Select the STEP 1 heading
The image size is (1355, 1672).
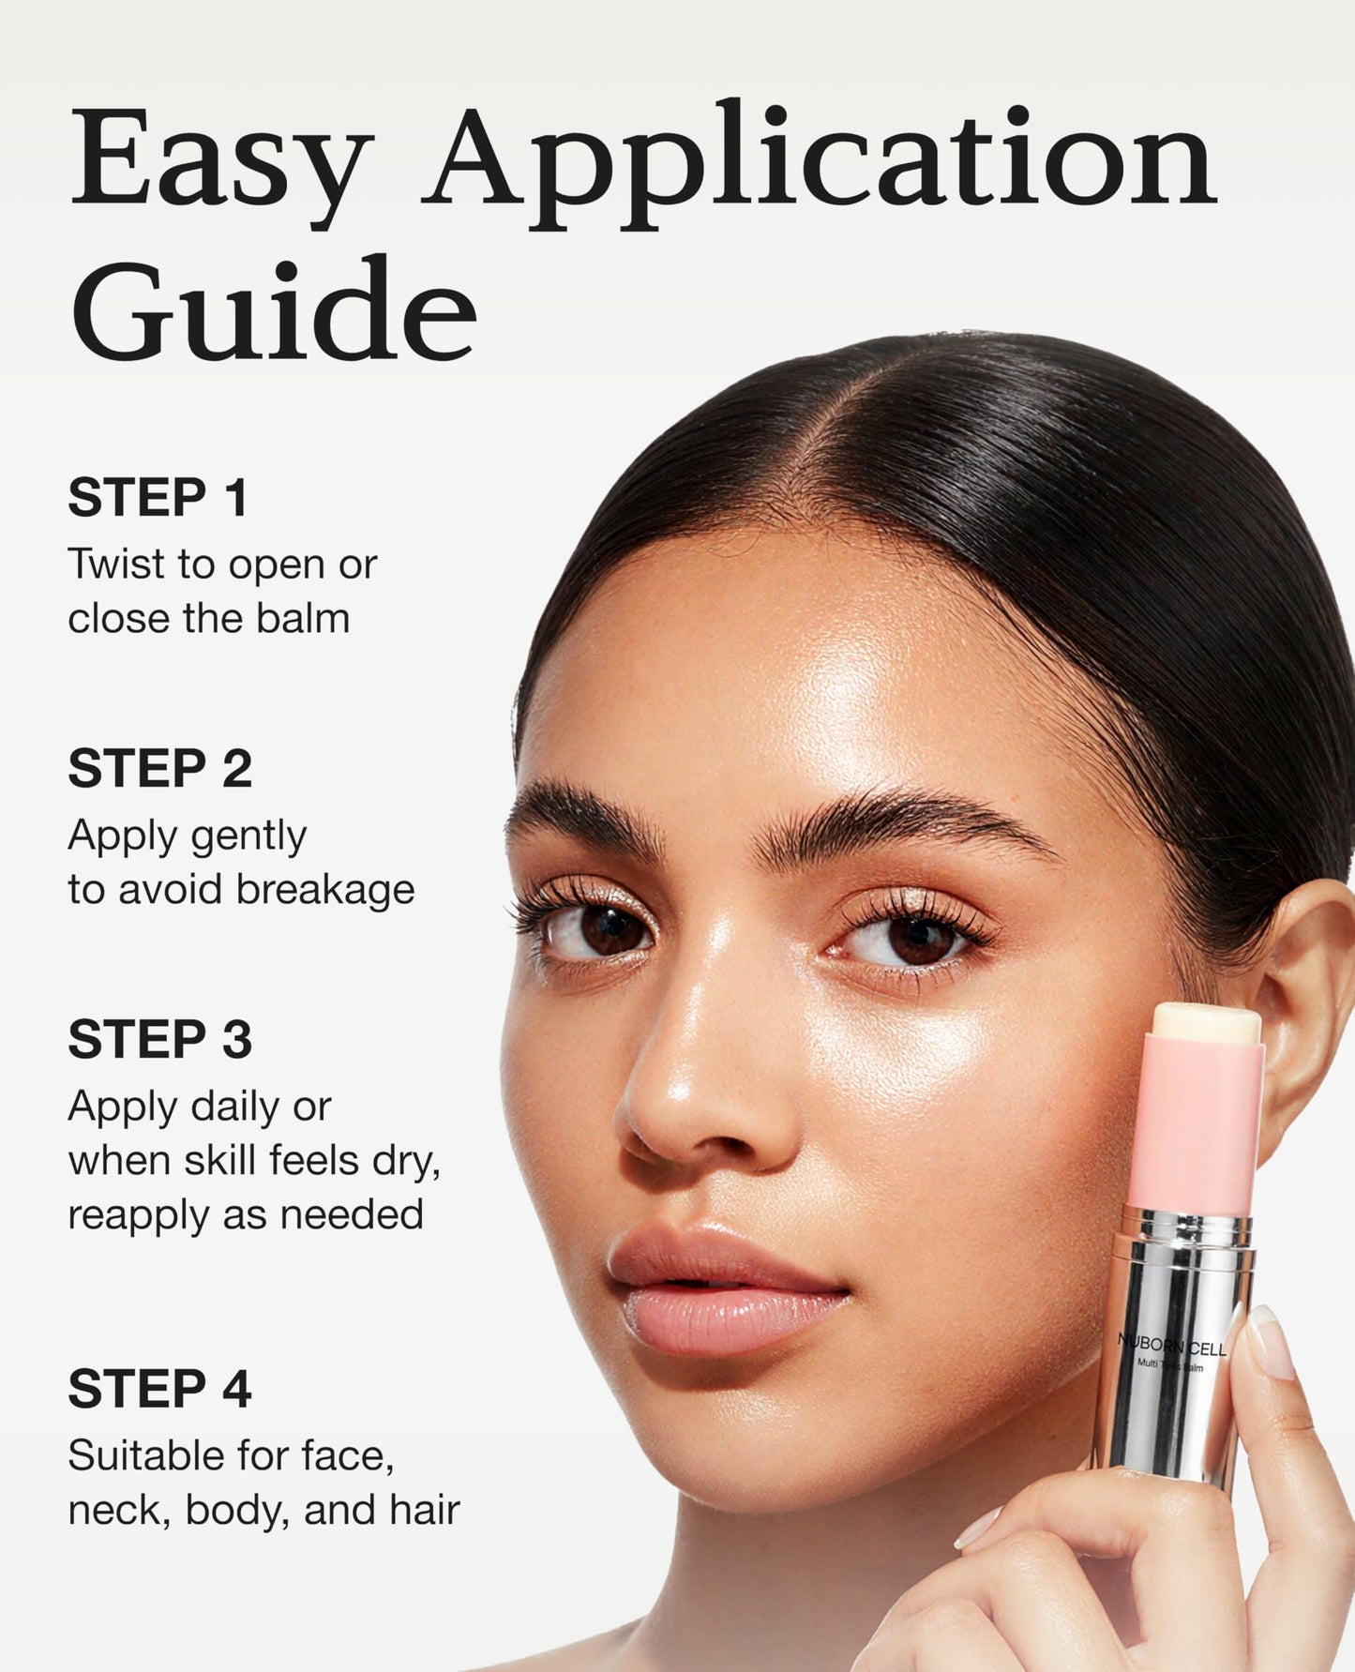pyautogui.click(x=158, y=497)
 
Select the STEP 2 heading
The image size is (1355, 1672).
pyautogui.click(x=159, y=768)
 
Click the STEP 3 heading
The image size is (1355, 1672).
pyautogui.click(x=159, y=1039)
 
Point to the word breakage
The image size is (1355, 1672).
pyautogui.click(x=325, y=889)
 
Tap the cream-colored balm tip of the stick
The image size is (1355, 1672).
pyautogui.click(x=1206, y=1021)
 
